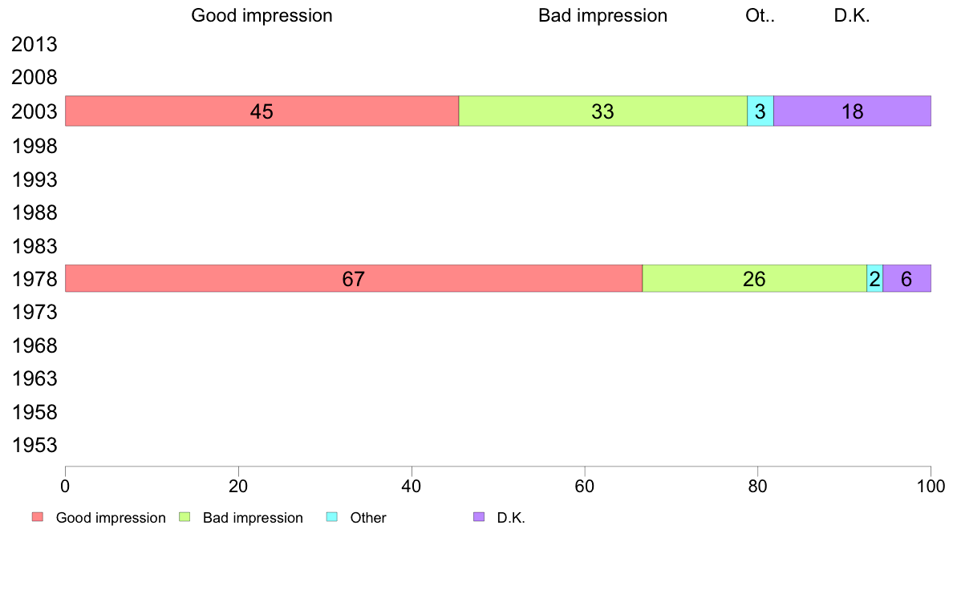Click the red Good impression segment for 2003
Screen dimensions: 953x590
[262, 111]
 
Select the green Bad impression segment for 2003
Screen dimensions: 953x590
[603, 111]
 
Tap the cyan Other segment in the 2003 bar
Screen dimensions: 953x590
[760, 111]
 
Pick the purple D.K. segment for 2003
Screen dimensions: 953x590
[852, 111]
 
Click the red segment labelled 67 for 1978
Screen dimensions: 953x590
[354, 278]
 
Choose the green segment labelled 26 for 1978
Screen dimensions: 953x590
[754, 278]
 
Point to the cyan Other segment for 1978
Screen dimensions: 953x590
[874, 278]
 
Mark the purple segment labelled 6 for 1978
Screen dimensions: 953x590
[906, 278]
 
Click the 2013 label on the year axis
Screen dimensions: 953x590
[34, 44]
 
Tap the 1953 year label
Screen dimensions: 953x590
[34, 446]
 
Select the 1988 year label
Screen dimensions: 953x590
[34, 212]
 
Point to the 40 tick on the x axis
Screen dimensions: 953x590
[412, 486]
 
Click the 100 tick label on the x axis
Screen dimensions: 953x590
[931, 486]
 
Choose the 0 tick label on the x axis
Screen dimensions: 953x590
[65, 486]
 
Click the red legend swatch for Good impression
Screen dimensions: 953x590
[38, 517]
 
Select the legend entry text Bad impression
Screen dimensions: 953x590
[253, 518]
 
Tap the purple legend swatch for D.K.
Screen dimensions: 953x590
[479, 517]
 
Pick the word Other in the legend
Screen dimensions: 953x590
[368, 518]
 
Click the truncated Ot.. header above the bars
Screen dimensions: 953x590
[760, 15]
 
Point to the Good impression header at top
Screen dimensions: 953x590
[262, 15]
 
